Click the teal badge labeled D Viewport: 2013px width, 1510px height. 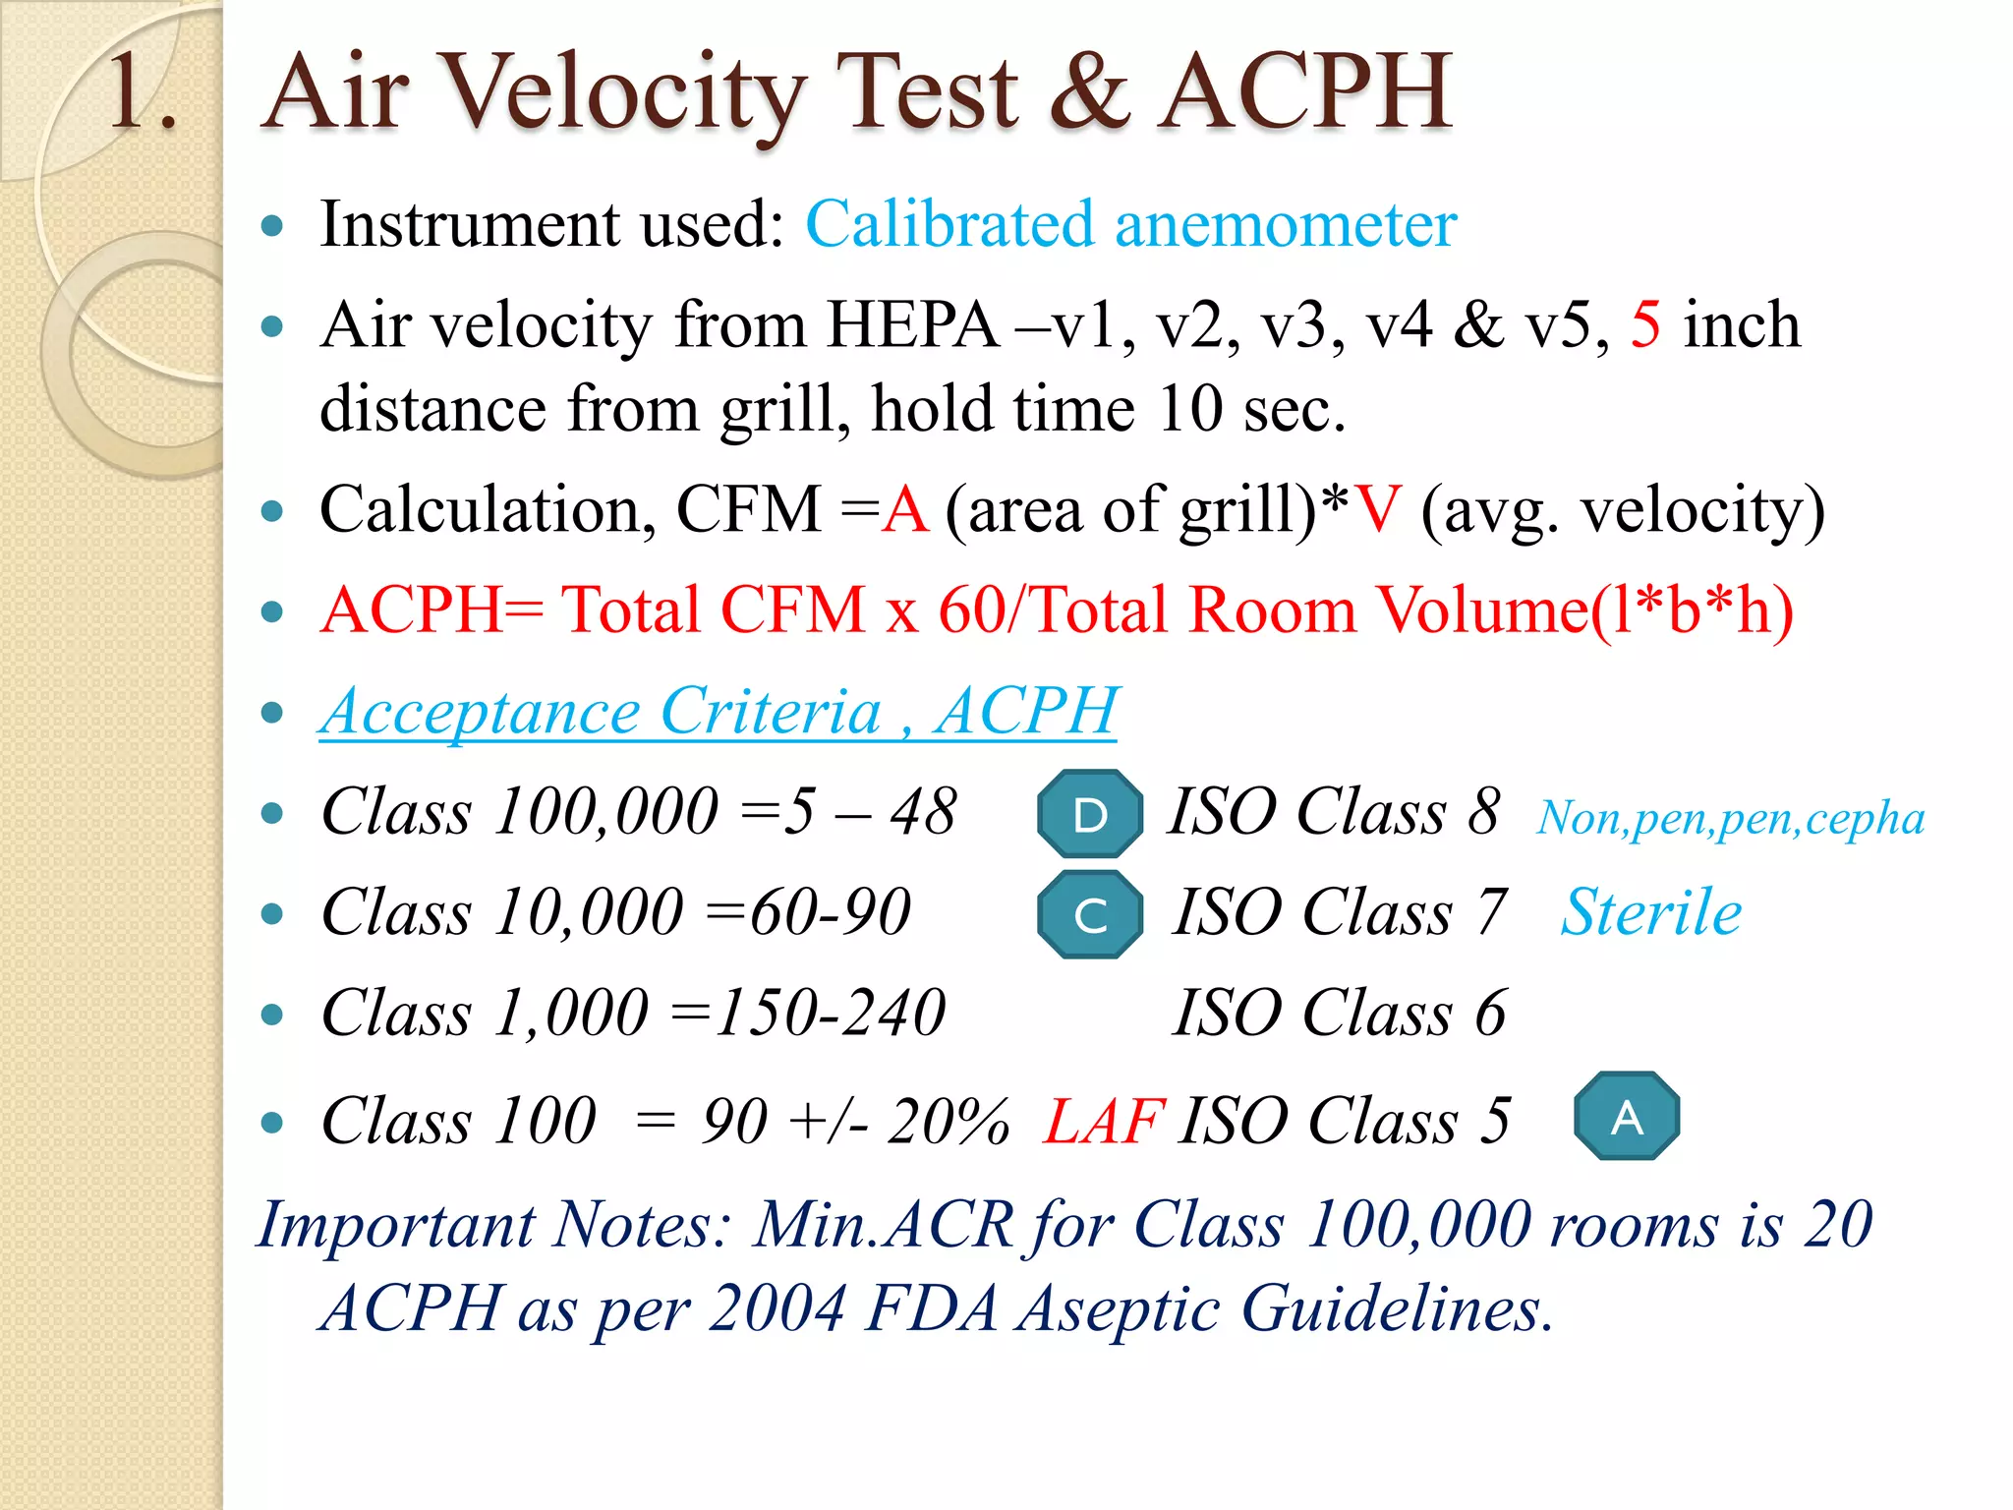point(1090,814)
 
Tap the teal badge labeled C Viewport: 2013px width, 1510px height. point(1090,914)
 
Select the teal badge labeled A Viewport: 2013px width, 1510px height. point(1627,1117)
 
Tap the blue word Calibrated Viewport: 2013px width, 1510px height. point(949,224)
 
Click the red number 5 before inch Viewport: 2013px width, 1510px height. point(1645,325)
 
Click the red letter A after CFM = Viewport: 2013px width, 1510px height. point(904,510)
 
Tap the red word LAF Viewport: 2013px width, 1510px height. point(1104,1121)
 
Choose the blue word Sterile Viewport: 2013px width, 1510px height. point(1651,912)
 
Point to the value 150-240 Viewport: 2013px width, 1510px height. point(831,1013)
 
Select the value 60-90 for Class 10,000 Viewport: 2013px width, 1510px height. point(831,912)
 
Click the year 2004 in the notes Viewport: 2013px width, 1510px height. point(776,1308)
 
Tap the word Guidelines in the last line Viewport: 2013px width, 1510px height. point(1397,1308)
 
